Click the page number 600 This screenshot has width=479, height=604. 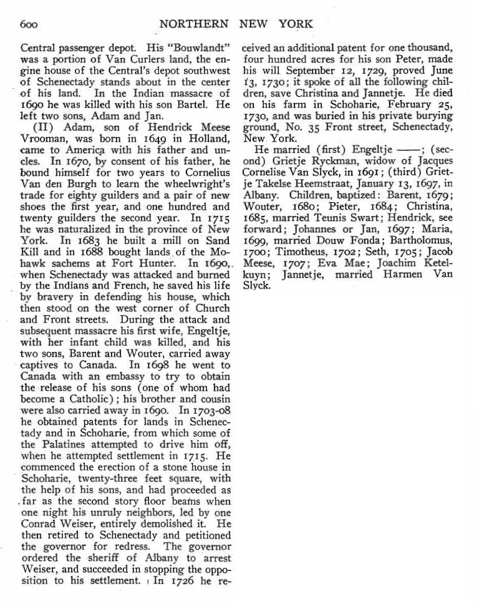[29, 25]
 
